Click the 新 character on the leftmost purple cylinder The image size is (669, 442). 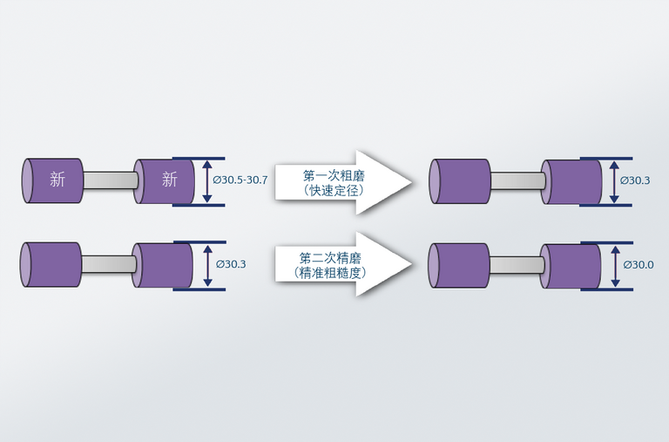(x=57, y=180)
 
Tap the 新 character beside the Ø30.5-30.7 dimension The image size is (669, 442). (x=170, y=180)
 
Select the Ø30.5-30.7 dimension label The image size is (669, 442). (x=240, y=180)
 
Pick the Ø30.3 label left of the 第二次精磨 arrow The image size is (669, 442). (x=229, y=264)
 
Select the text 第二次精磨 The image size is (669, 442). (x=330, y=258)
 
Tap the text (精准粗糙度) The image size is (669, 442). (x=330, y=273)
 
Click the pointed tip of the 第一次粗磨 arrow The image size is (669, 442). (x=410, y=181)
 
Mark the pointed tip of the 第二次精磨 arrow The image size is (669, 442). (x=410, y=265)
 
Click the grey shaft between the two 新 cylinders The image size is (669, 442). (x=109, y=180)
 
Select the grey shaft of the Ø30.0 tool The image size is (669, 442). (x=516, y=265)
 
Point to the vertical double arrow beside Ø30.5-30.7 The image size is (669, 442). (x=206, y=181)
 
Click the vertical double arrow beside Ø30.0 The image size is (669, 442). (x=615, y=265)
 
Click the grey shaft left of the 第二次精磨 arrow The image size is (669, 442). (x=109, y=265)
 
